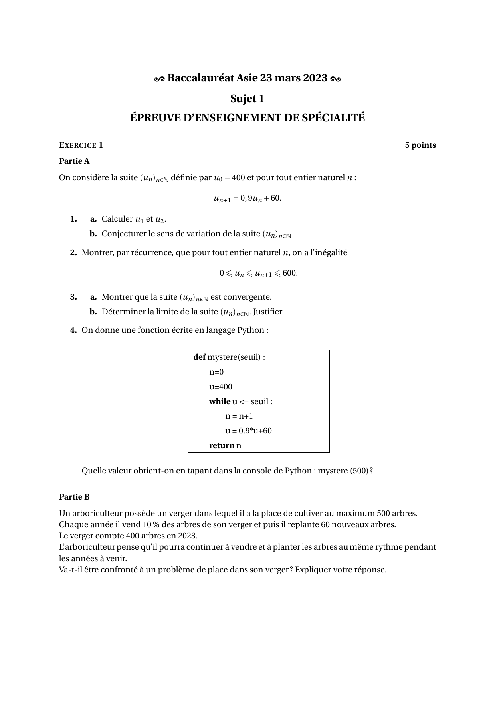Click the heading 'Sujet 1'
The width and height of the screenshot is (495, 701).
[x=247, y=99]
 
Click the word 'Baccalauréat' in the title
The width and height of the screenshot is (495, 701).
[x=200, y=78]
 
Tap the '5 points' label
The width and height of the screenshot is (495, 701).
[x=420, y=145]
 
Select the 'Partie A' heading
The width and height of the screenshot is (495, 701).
[x=74, y=161]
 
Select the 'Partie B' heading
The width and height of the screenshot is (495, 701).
[x=74, y=497]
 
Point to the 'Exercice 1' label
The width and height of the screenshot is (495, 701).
[x=81, y=145]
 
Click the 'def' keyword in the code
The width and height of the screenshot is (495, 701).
[x=199, y=357]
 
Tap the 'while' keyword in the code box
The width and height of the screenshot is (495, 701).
[x=220, y=401]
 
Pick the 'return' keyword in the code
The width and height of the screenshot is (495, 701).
[x=222, y=445]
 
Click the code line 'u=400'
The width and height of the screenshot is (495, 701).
[x=221, y=387]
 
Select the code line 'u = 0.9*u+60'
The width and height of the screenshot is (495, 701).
[x=248, y=431]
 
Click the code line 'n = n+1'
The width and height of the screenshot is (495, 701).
[x=239, y=416]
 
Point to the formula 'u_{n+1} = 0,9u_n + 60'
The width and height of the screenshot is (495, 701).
[x=247, y=198]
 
